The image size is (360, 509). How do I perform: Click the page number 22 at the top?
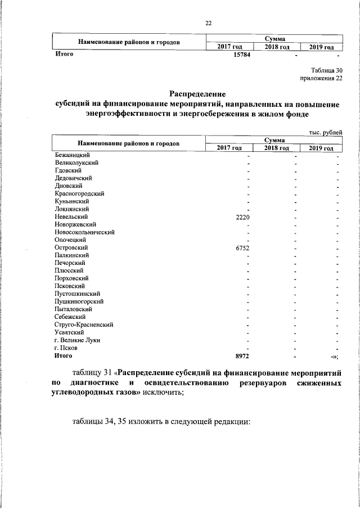(208, 23)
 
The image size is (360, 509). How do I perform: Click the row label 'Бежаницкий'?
(73, 154)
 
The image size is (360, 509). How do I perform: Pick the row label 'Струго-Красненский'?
(84, 325)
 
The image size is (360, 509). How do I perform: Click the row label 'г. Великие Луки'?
(78, 340)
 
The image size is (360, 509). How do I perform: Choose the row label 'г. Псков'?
(67, 348)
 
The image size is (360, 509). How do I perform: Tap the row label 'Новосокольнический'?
(85, 232)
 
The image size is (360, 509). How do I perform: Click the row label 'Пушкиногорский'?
(79, 301)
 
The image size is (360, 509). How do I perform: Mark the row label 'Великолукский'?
(77, 162)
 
